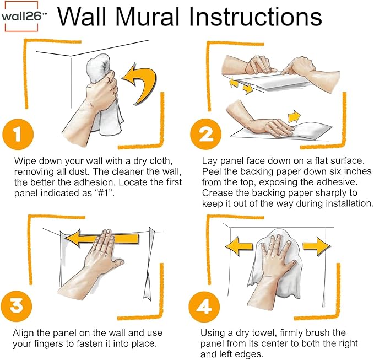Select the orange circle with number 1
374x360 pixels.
point(18,133)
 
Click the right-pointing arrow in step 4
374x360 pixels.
point(316,244)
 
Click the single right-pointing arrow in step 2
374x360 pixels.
point(294,117)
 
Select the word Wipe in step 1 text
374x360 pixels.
point(23,161)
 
